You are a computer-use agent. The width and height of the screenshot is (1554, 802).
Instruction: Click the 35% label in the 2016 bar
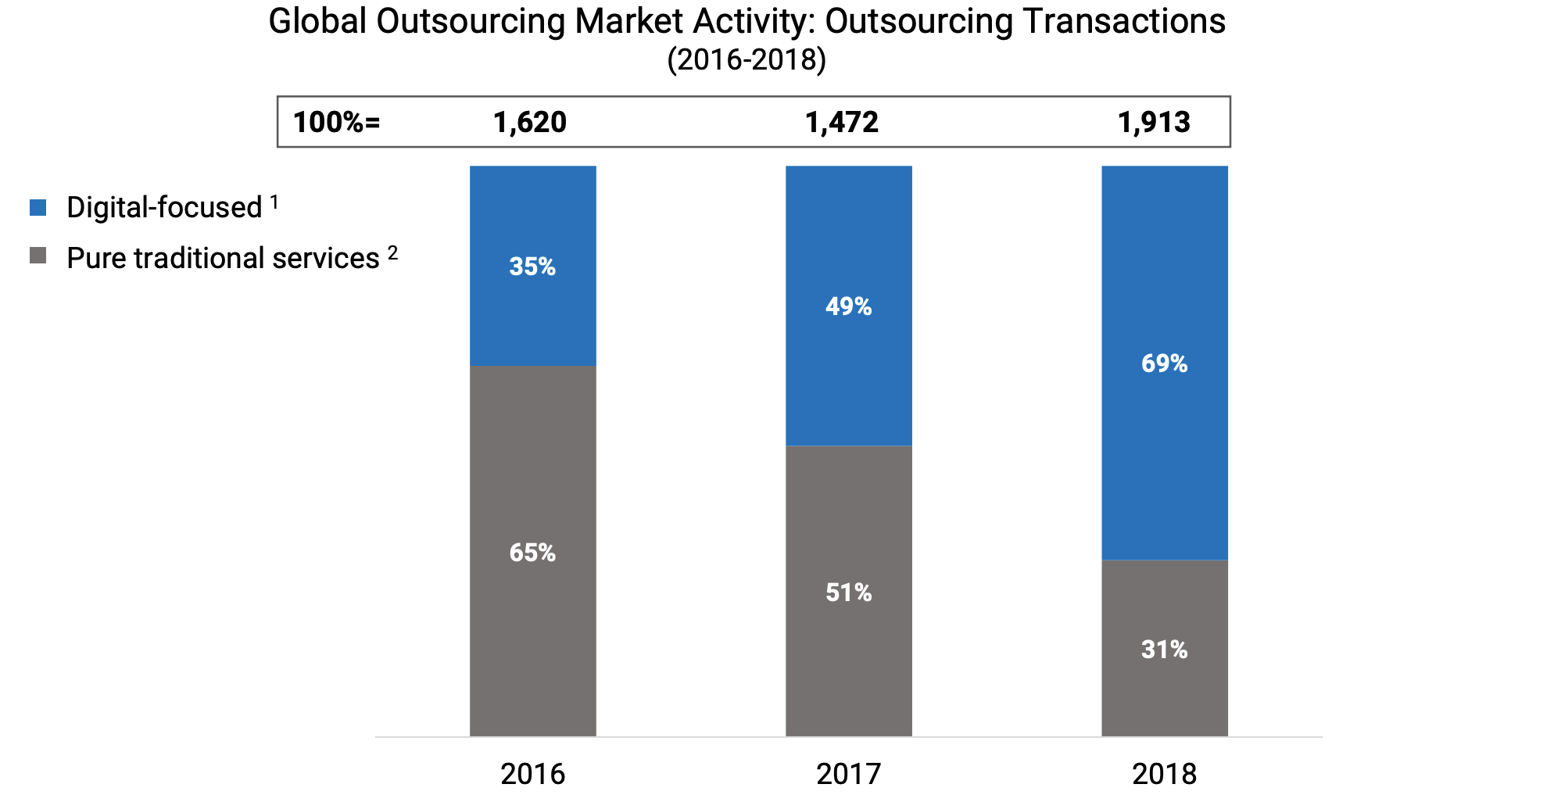coord(532,267)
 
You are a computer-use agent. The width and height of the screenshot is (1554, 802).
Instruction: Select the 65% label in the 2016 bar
coord(532,553)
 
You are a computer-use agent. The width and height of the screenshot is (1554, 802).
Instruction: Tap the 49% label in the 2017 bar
coord(848,306)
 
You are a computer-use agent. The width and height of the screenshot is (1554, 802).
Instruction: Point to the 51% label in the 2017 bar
coord(848,593)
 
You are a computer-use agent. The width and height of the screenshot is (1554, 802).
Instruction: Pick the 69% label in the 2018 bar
coord(1164,363)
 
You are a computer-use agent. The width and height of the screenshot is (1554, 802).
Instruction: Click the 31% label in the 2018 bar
coord(1164,650)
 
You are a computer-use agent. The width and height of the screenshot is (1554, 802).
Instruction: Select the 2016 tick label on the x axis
coord(532,774)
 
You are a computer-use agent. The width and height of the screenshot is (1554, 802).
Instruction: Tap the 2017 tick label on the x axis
coord(848,774)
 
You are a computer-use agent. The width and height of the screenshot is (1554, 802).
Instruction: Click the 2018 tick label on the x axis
coord(1164,774)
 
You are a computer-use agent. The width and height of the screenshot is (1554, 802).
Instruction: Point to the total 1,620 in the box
coord(530,123)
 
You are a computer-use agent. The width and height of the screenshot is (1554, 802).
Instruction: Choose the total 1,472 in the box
coord(842,123)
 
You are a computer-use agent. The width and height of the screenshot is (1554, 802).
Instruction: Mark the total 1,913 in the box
coord(1154,123)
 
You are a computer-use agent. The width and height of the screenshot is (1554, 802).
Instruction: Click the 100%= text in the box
coord(336,123)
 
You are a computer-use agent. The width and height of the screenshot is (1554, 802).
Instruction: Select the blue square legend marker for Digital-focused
coord(38,208)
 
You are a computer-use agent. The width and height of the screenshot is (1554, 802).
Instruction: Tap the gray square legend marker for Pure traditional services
coord(38,256)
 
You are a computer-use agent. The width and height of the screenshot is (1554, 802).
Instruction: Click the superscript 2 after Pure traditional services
coord(392,252)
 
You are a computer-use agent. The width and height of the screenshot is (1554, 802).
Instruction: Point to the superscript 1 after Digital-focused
coord(274,202)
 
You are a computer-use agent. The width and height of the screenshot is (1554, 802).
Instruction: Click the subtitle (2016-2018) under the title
coord(747,60)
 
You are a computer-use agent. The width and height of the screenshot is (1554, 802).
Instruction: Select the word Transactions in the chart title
coord(1123,21)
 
